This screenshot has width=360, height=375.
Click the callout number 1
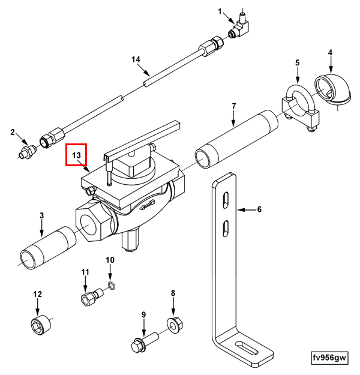pos(220,11)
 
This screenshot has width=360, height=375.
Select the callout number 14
pos(136,59)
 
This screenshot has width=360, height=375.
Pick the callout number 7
pos(234,107)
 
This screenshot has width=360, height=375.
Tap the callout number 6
pos(259,210)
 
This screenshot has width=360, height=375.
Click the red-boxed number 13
pos(76,155)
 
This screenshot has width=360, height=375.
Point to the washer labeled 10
pos(110,284)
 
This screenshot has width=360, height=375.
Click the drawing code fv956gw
pos(329,358)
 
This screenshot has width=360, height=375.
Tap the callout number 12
pos(37,294)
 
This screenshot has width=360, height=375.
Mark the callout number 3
pos(41,215)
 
